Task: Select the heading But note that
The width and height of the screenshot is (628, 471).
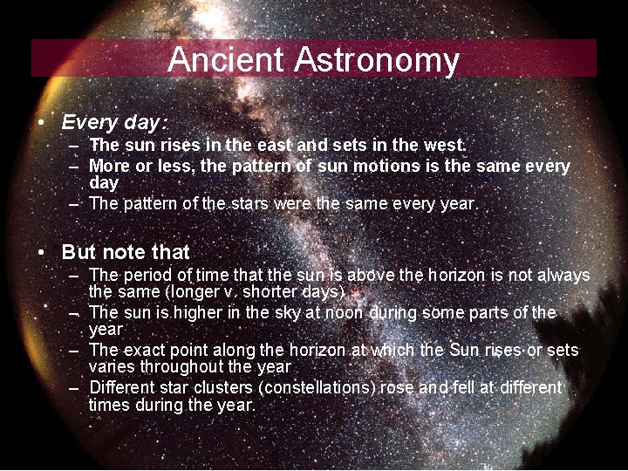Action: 126,252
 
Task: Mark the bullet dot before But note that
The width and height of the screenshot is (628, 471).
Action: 42,252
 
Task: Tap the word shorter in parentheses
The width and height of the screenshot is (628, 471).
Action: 283,291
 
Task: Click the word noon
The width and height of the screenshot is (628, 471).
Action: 345,312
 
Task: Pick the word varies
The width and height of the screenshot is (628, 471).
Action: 112,367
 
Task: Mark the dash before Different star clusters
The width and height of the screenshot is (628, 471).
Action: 73,387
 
